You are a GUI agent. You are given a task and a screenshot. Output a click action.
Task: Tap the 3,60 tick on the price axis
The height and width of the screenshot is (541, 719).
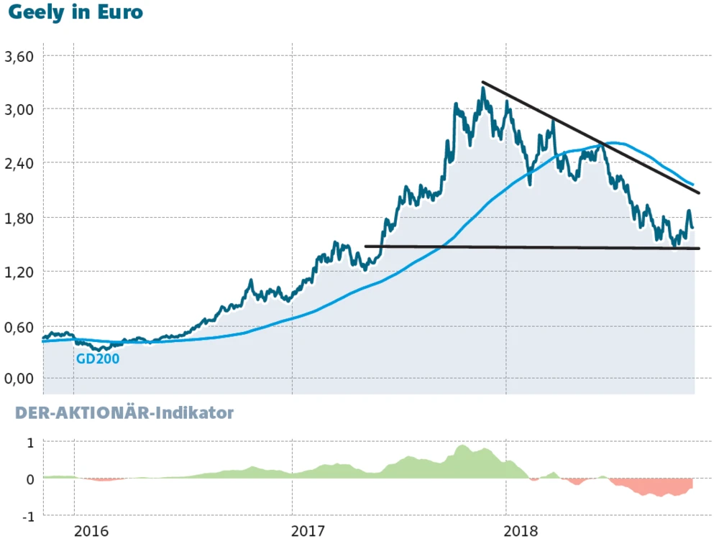coord(20,55)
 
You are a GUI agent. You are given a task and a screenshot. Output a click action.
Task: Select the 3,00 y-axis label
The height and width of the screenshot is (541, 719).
coord(20,109)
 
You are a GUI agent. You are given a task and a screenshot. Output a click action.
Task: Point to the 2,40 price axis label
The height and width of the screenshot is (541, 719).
coord(20,163)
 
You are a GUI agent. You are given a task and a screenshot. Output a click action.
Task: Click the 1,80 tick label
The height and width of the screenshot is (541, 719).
coord(20,217)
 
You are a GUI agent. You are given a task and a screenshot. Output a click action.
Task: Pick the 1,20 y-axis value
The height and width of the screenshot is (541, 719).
coord(20,272)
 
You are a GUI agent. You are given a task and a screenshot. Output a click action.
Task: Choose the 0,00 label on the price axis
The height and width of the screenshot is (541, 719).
coord(20,379)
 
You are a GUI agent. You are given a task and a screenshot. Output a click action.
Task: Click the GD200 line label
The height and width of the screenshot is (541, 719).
coord(98,358)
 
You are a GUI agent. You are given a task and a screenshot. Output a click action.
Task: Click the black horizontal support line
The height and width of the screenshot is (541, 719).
coord(532,248)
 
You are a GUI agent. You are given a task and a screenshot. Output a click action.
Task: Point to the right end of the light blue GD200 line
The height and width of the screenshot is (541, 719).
coord(692,185)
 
